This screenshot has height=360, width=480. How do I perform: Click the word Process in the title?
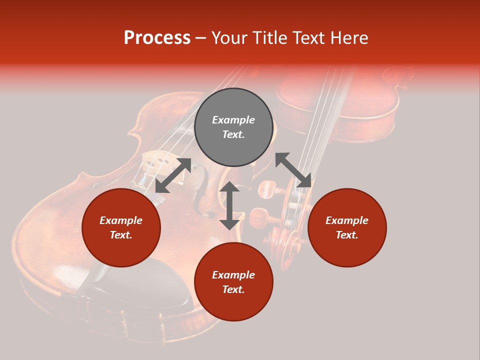(x=157, y=38)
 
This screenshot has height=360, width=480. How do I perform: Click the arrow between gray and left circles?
(x=173, y=175)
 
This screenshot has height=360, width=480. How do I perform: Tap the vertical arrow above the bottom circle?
(x=229, y=205)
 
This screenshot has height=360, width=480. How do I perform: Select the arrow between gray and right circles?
(x=293, y=170)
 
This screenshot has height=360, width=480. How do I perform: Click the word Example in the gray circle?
(x=233, y=120)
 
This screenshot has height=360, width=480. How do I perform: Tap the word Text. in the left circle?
(x=121, y=235)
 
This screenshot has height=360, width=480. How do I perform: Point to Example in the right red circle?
(x=347, y=220)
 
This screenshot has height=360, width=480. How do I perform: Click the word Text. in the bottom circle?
(x=233, y=289)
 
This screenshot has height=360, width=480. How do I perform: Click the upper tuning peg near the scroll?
(x=267, y=189)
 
